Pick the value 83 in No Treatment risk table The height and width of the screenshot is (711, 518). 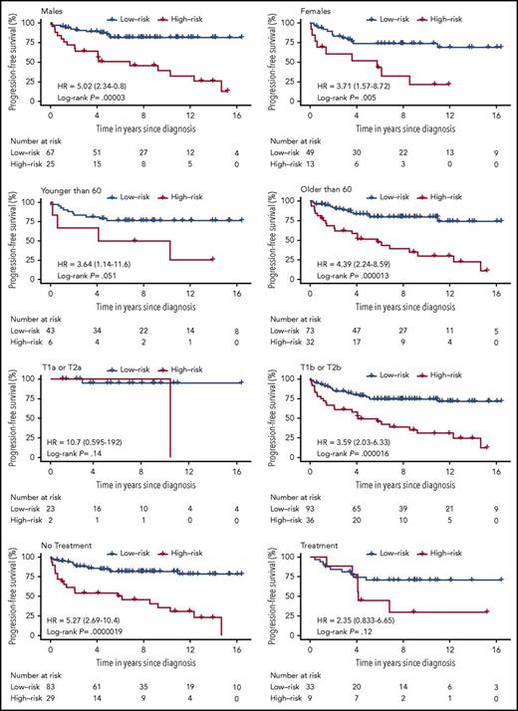click(50, 689)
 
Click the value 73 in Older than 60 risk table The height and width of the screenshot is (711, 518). click(312, 336)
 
